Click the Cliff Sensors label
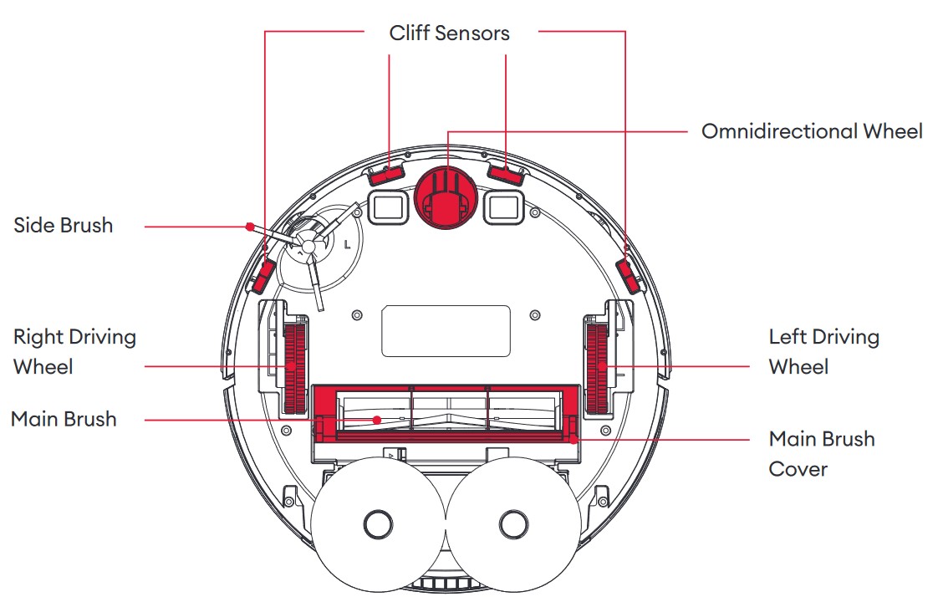pos(449,33)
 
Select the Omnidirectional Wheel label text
pos(812,131)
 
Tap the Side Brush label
pos(63,225)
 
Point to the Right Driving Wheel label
pos(74,351)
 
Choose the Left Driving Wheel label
pos(823,351)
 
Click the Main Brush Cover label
pos(821,453)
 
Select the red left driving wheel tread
pos(597,368)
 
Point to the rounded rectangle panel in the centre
pos(446,330)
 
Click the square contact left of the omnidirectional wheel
pos(387,204)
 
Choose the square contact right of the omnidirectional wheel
pos(504,204)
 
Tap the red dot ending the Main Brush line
pos(377,419)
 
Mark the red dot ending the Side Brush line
pos(249,226)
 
